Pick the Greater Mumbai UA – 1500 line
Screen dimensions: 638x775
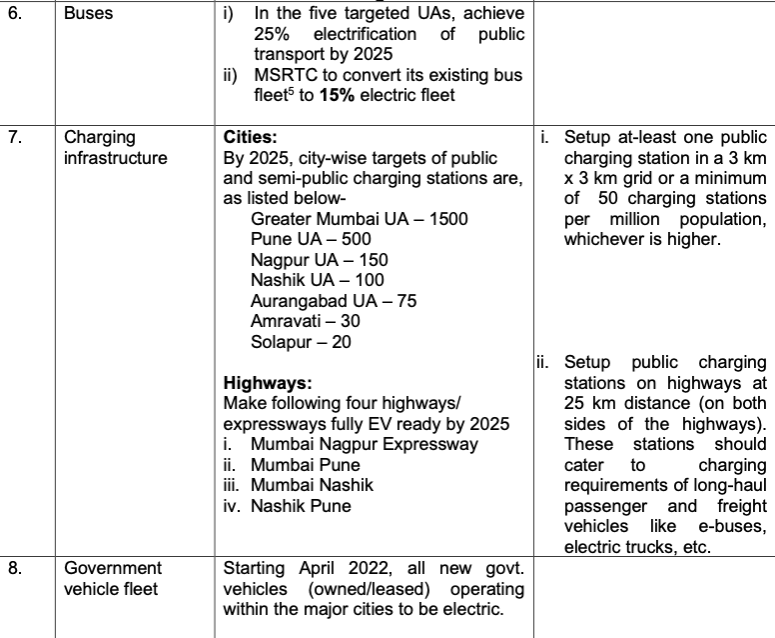(359, 218)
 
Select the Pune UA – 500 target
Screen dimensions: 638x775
(311, 239)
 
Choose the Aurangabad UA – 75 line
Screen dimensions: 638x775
(334, 301)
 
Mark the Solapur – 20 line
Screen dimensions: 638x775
(301, 342)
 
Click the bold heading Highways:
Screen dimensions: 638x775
(268, 383)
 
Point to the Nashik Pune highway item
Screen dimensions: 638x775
(301, 505)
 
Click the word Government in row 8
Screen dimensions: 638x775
(112, 568)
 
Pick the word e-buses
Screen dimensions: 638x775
(737, 526)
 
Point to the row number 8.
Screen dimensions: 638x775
(13, 568)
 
